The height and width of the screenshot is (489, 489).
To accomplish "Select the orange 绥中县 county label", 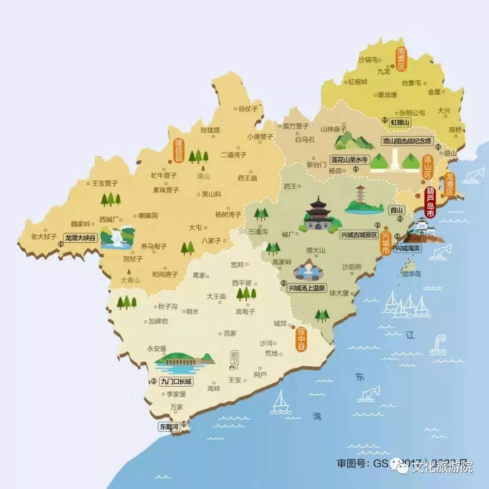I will click(301, 339).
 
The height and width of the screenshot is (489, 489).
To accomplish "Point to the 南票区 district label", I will click(401, 59).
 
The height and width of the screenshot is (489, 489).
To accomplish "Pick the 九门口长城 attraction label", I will click(176, 381).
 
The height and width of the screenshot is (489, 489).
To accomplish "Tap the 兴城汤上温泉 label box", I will click(307, 288).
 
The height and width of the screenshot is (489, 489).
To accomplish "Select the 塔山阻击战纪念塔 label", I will click(407, 141).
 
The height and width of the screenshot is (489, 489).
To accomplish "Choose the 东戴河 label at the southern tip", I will click(168, 427).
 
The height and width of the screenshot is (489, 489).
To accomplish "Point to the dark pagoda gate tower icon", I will click(318, 214).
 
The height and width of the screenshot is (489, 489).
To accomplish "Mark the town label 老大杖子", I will click(43, 236).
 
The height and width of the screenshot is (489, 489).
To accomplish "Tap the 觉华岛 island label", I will click(411, 274).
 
